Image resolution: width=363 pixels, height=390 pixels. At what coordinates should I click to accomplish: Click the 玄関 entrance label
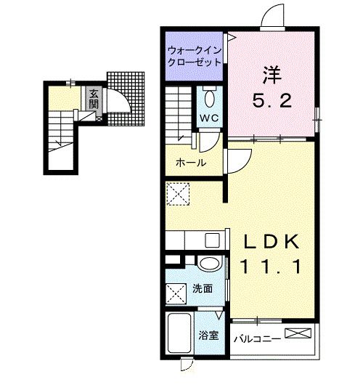(x=94, y=99)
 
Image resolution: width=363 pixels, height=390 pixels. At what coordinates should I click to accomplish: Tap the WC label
(x=209, y=118)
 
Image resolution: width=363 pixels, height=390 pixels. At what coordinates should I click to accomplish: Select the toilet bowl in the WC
(x=210, y=98)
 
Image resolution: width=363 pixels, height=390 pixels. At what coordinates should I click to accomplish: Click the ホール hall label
(x=191, y=163)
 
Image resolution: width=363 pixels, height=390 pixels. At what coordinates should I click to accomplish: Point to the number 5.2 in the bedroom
(x=272, y=101)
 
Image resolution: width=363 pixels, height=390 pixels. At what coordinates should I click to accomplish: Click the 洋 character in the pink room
(x=272, y=75)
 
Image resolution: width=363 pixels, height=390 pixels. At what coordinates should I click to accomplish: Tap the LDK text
(x=272, y=242)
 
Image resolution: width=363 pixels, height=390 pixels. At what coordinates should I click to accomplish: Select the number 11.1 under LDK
(x=271, y=266)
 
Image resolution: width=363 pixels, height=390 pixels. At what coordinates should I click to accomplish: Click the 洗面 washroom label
(x=203, y=288)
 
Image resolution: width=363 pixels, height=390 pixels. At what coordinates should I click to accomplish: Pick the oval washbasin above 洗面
(x=210, y=264)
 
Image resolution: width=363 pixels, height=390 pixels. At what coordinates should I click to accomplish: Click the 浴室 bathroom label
(x=208, y=336)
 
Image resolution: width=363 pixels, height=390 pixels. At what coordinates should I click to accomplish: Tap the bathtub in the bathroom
(x=179, y=333)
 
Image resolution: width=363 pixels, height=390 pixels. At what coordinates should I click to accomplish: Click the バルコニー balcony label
(x=257, y=338)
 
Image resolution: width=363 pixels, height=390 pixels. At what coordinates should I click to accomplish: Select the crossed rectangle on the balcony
(x=298, y=333)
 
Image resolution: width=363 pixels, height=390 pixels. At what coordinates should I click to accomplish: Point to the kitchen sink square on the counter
(x=212, y=240)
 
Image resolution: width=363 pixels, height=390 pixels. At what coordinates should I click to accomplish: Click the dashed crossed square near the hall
(x=178, y=194)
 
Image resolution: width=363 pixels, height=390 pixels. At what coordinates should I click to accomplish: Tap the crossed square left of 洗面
(x=176, y=294)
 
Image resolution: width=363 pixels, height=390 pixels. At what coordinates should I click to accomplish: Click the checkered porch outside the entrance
(x=126, y=99)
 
